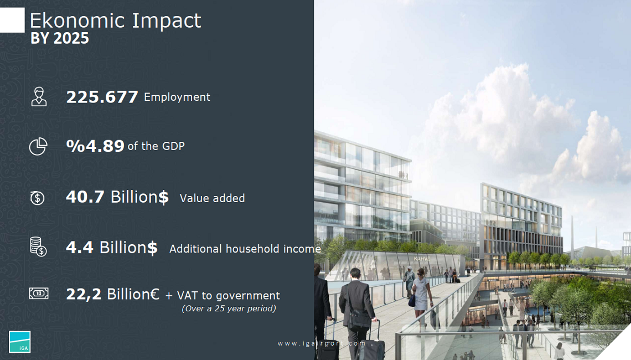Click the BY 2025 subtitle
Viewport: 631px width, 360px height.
pos(60,38)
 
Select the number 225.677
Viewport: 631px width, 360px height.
pos(102,97)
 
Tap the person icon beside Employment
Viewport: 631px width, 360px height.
pos(39,96)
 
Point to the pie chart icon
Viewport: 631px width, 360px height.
pos(38,146)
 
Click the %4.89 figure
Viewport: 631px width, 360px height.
pos(95,146)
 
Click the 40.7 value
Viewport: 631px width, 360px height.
pos(85,197)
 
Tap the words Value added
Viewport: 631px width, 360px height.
pos(212,198)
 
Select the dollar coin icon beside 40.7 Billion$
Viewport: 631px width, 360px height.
pos(38,198)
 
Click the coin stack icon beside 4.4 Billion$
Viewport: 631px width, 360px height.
pos(38,246)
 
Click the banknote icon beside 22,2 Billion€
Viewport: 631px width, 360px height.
pos(39,293)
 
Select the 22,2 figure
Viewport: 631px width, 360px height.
pos(84,294)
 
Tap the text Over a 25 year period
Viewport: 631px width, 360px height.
pos(229,308)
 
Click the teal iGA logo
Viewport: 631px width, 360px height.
pos(19,342)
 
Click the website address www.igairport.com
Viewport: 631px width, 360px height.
pos(322,343)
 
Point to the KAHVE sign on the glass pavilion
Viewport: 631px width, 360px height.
pos(422,259)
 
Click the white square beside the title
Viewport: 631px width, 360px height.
pos(12,20)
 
